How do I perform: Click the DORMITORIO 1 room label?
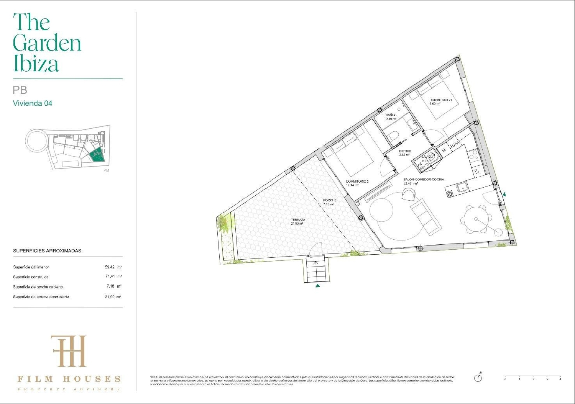click(440, 100)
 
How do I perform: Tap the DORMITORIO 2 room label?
click(357, 182)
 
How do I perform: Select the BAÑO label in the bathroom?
click(390, 115)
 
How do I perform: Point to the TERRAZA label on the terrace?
click(297, 220)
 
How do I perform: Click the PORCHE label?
click(329, 200)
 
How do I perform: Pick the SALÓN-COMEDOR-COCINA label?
click(424, 180)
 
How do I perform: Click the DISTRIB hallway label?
click(405, 151)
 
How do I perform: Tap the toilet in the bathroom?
click(393, 136)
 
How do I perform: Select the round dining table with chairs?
click(476, 219)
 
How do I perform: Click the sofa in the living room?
click(426, 217)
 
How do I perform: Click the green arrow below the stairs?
click(317, 285)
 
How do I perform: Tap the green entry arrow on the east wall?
click(504, 195)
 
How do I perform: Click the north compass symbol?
click(478, 378)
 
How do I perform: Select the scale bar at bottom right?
click(533, 377)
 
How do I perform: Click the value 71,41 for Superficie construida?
click(110, 276)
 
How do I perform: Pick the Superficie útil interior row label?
click(31, 267)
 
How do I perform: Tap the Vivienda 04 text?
click(33, 103)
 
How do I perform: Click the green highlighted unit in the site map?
click(97, 155)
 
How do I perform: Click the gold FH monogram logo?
click(69, 351)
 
